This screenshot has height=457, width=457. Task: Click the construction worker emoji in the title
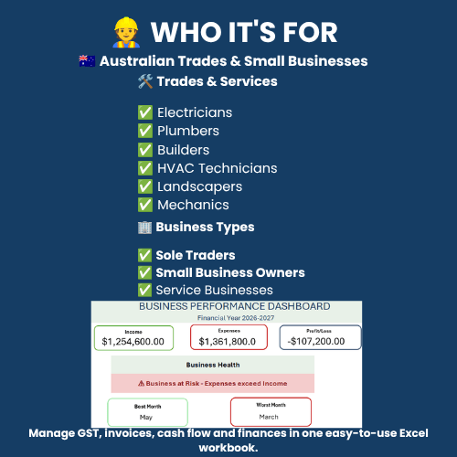(x=126, y=33)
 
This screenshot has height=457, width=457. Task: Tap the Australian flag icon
(x=87, y=61)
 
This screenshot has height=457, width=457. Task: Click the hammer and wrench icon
(x=145, y=81)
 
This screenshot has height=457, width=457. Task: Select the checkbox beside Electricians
(x=145, y=112)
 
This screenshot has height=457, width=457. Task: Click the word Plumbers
(x=188, y=131)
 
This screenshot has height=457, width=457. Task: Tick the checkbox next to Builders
(x=145, y=150)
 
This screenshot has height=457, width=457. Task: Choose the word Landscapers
(x=199, y=187)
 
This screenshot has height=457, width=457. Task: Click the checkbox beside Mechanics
(x=145, y=205)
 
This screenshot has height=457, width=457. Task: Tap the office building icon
(x=144, y=228)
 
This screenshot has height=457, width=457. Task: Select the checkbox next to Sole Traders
(x=144, y=255)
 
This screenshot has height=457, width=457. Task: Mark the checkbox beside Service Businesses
(x=144, y=290)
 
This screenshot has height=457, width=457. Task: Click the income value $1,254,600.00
(x=133, y=342)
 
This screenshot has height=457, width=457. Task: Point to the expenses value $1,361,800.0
(x=228, y=342)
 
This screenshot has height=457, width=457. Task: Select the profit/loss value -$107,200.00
(x=316, y=341)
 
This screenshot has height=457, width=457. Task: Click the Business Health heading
(x=213, y=365)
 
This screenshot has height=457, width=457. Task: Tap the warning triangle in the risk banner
(x=141, y=384)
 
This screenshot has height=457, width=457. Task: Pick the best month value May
(x=146, y=418)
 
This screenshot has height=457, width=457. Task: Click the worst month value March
(x=269, y=417)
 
